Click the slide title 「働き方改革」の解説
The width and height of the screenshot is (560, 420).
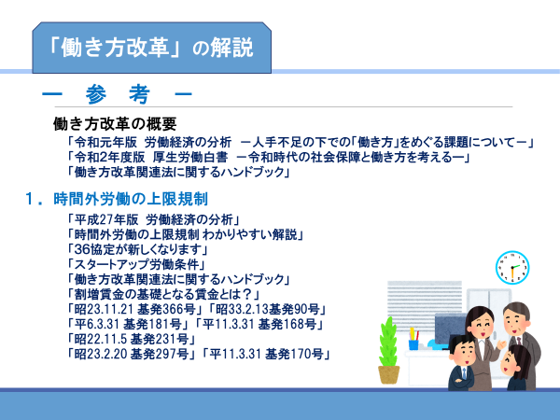(x=150, y=48)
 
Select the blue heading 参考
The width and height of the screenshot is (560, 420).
(x=118, y=94)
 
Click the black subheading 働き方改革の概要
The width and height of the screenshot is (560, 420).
(x=115, y=123)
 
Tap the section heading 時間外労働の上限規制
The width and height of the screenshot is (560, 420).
(x=131, y=199)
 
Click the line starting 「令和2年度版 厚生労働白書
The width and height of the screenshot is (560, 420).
(x=268, y=157)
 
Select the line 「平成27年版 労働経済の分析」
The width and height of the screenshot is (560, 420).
(x=153, y=219)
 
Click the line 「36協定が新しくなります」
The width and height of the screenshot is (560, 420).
(x=137, y=249)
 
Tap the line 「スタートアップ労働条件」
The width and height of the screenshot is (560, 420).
(x=136, y=265)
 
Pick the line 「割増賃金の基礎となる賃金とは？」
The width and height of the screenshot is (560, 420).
(x=163, y=295)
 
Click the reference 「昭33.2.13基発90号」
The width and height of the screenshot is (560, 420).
(x=267, y=309)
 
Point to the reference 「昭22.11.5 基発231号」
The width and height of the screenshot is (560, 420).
(x=131, y=339)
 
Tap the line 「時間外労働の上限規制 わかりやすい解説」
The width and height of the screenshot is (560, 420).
(x=185, y=234)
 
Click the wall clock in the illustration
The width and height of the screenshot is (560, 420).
(x=512, y=268)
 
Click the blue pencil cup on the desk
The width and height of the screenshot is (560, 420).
(x=413, y=344)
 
